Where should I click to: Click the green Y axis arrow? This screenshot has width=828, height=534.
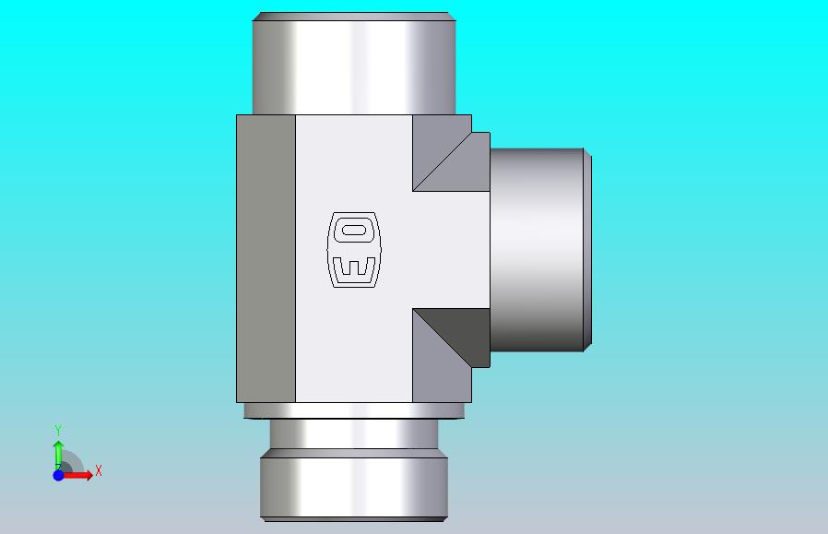(x=58, y=456)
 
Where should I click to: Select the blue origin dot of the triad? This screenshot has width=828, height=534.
(x=59, y=475)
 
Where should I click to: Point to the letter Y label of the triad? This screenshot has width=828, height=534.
(x=58, y=430)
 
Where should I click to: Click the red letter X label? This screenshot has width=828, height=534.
(x=99, y=470)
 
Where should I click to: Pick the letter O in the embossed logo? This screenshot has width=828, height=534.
(x=354, y=231)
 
